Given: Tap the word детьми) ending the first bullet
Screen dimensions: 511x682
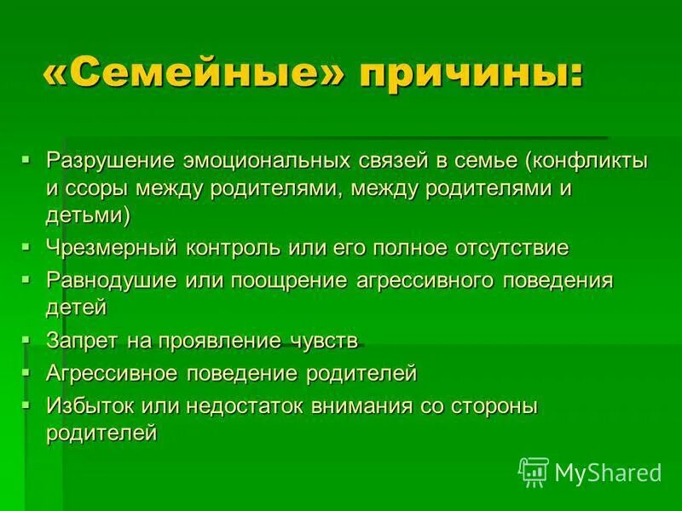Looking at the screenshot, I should (88, 215).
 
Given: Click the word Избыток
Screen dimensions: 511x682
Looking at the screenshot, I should (89, 405).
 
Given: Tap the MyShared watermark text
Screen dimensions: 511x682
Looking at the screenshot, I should (608, 471).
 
